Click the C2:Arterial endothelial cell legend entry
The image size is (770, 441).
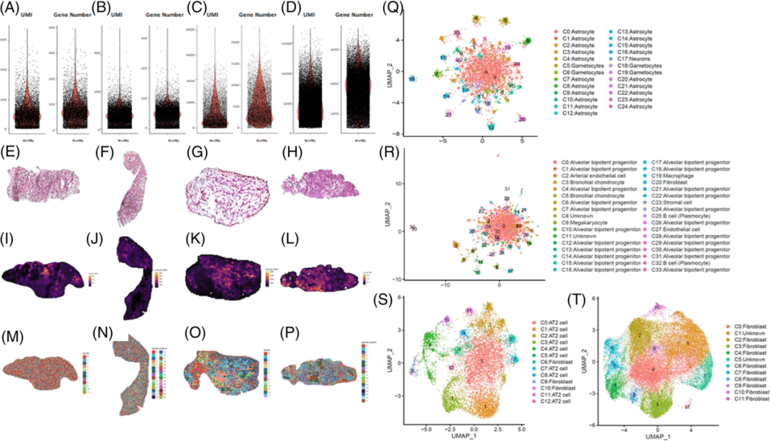(x=594, y=174)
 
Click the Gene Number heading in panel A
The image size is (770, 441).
(x=73, y=13)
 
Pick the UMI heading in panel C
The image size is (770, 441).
(x=211, y=13)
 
